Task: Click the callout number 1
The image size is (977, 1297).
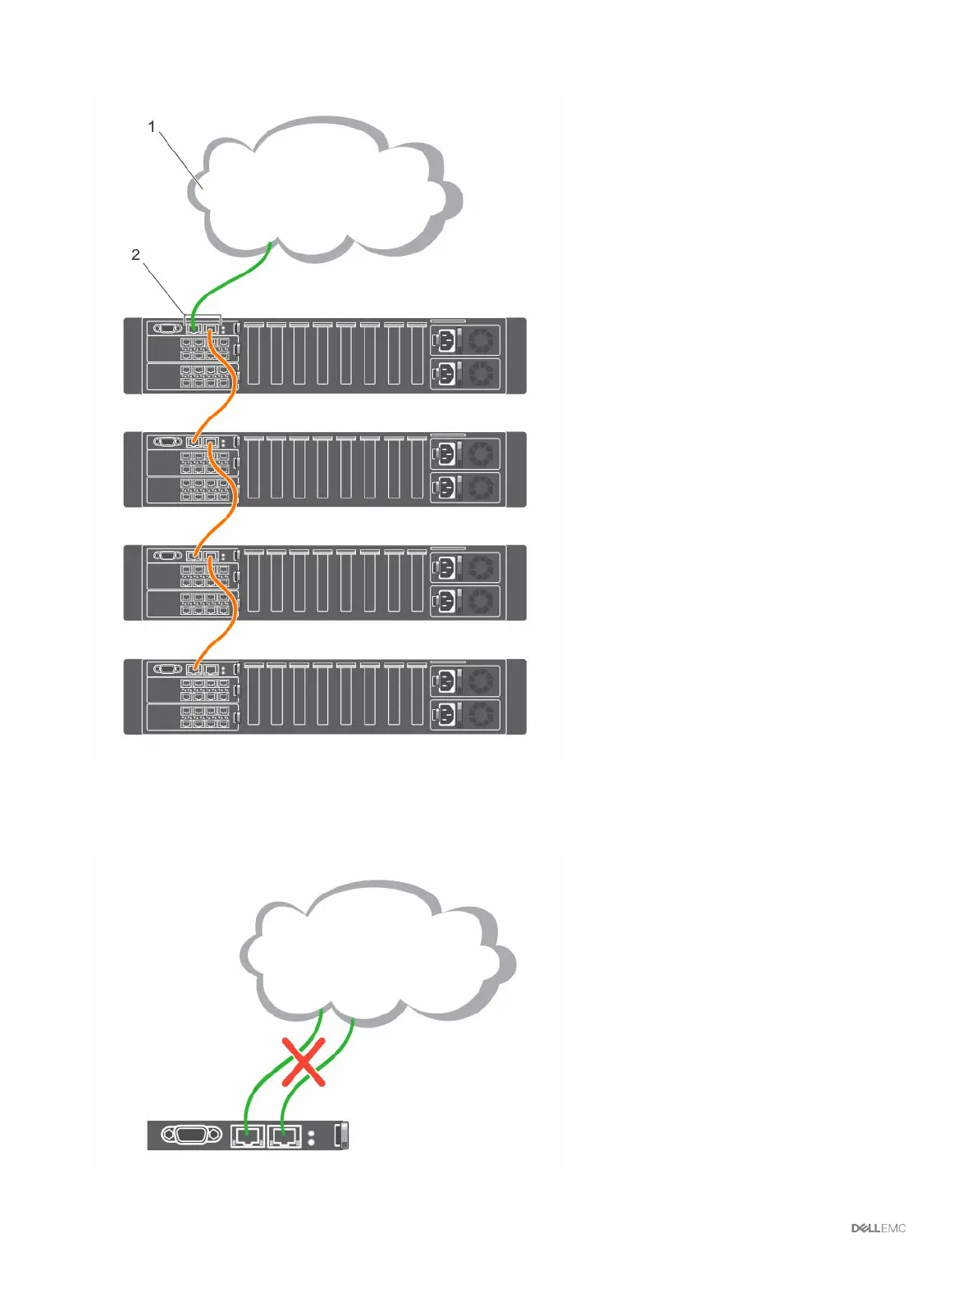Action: coord(152,126)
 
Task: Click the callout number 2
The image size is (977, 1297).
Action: coord(136,255)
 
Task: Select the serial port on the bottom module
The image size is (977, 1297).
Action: coord(193,1135)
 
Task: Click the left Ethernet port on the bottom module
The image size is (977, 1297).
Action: coord(247,1135)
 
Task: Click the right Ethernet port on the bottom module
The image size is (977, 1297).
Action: coord(284,1135)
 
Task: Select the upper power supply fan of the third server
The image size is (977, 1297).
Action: coord(482,566)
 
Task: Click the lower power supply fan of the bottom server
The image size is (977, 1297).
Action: coord(482,714)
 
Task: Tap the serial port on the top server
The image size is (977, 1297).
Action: coord(168,328)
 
